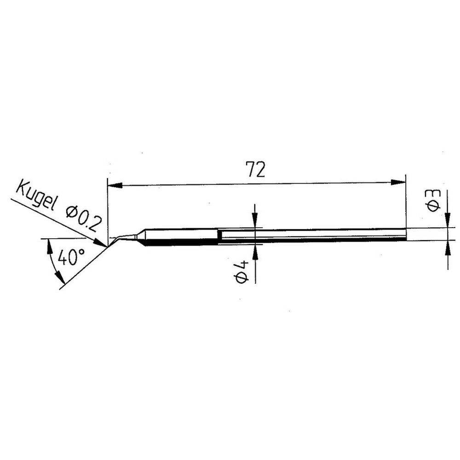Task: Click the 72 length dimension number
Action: [256, 169]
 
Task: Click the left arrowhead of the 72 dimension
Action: [115, 186]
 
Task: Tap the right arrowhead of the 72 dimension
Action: [398, 183]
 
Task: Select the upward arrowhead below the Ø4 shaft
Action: [255, 252]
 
